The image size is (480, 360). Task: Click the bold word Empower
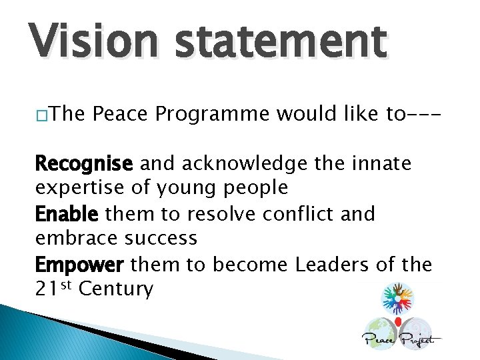pyautogui.click(x=79, y=265)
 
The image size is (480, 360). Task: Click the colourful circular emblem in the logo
pyautogui.click(x=398, y=298)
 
